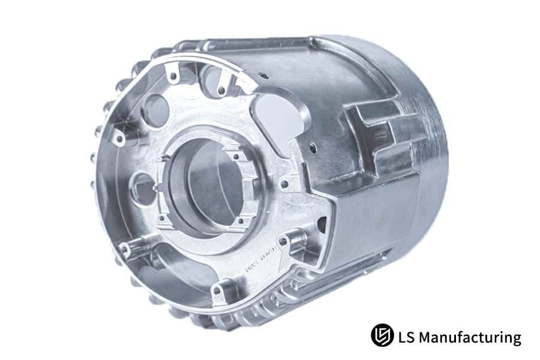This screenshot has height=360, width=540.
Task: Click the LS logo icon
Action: [x=382, y=335]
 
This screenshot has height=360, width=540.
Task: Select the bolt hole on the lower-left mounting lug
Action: [x=125, y=247]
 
